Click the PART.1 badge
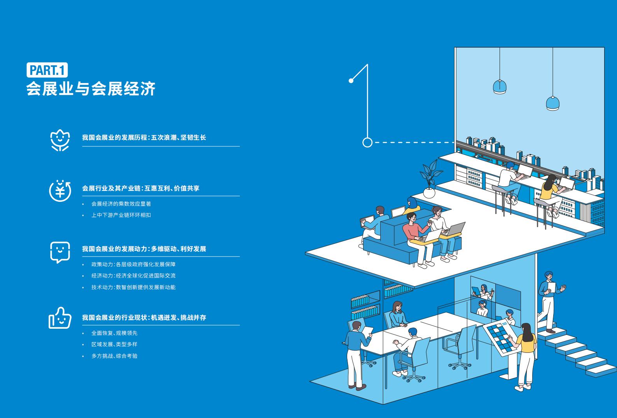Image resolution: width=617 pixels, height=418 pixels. click(47, 70)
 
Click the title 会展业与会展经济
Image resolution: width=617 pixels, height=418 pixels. click(91, 88)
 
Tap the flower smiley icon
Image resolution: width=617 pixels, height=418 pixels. click(60, 140)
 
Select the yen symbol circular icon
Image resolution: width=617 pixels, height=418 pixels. click(60, 191)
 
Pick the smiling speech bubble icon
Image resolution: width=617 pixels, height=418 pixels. click(60, 252)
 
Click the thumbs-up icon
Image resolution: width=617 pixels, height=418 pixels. click(60, 318)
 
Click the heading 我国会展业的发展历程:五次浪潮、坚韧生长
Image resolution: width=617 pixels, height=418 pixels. click(144, 137)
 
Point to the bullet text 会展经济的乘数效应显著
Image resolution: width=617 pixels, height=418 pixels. click(121, 204)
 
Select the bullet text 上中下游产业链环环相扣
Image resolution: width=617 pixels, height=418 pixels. click(121, 215)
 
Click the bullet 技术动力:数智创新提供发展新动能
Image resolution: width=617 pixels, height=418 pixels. click(134, 287)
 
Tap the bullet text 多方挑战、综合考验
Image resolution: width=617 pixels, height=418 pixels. click(115, 356)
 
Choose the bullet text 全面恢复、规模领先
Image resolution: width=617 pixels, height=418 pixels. click(115, 333)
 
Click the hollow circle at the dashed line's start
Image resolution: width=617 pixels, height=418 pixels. click(367, 142)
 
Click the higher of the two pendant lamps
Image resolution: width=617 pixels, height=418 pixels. click(500, 87)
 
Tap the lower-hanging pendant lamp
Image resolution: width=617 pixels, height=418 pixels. click(552, 103)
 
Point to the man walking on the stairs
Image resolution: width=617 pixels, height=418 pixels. click(550, 302)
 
